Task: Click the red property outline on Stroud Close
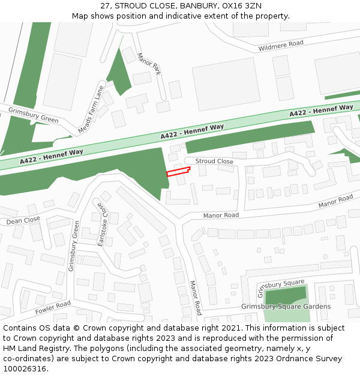pyautogui.click(x=178, y=172)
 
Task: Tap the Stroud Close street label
pyautogui.click(x=214, y=161)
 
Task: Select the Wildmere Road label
pyautogui.click(x=280, y=46)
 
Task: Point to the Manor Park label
pyautogui.click(x=149, y=64)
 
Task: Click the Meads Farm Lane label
pyautogui.click(x=91, y=109)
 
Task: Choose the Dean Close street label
pyautogui.click(x=23, y=221)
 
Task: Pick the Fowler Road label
pyautogui.click(x=53, y=308)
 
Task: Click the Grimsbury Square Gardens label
pyautogui.click(x=286, y=307)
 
